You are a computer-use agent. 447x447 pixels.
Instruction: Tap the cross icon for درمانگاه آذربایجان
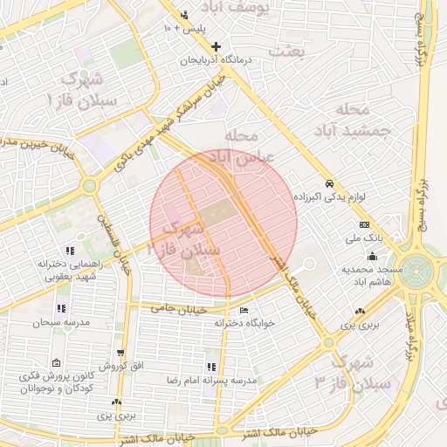[217, 46]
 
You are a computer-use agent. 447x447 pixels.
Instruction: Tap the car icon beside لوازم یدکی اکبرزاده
[329, 184]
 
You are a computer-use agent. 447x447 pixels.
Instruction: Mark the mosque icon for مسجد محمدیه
[373, 256]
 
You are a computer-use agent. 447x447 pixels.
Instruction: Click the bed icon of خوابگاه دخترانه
[243, 310]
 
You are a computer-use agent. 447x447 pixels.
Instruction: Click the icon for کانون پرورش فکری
[57, 363]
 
